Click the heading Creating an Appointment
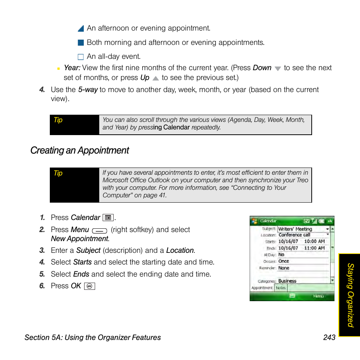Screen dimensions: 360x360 pyautogui.click(x=80, y=151)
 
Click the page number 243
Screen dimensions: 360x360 pyautogui.click(x=329, y=337)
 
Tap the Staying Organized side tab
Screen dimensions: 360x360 pyautogui.click(x=350, y=295)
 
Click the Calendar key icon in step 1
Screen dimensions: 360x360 pyautogui.click(x=108, y=218)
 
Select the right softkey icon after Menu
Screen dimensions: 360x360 pyautogui.click(x=100, y=230)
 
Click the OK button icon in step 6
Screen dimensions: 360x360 pyautogui.click(x=89, y=286)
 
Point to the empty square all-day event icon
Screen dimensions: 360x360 pyautogui.click(x=80, y=57)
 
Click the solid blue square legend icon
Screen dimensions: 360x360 pyautogui.click(x=80, y=43)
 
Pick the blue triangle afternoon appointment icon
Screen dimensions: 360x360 pyautogui.click(x=80, y=29)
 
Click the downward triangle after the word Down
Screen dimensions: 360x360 pyautogui.click(x=278, y=69)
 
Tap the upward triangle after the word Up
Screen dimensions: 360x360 pyautogui.click(x=155, y=78)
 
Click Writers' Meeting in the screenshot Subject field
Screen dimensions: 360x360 pyautogui.click(x=295, y=229)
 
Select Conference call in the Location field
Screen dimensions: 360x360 pyautogui.click(x=294, y=235)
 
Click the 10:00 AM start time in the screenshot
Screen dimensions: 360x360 pyautogui.click(x=314, y=241)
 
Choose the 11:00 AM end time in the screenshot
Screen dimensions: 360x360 pyautogui.click(x=314, y=248)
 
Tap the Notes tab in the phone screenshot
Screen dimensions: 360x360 pyautogui.click(x=280, y=288)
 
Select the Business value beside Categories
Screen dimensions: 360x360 pyautogui.click(x=287, y=281)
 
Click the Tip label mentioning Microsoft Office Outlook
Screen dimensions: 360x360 pyautogui.click(x=58, y=173)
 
